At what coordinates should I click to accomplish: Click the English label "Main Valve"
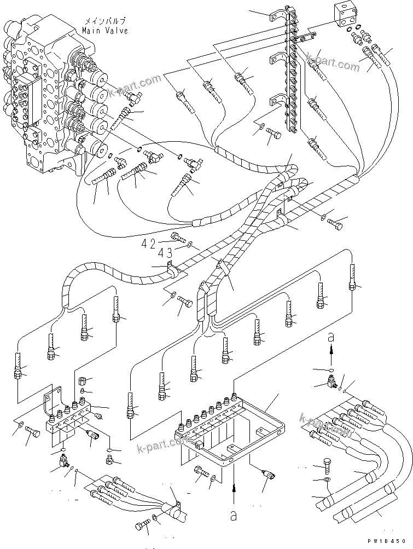[x=105, y=31]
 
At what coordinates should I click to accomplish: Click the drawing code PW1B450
[x=389, y=541]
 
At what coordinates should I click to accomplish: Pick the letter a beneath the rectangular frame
[x=235, y=515]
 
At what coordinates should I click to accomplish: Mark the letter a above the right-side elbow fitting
[x=330, y=339]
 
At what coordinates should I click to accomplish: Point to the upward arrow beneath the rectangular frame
[x=235, y=490]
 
